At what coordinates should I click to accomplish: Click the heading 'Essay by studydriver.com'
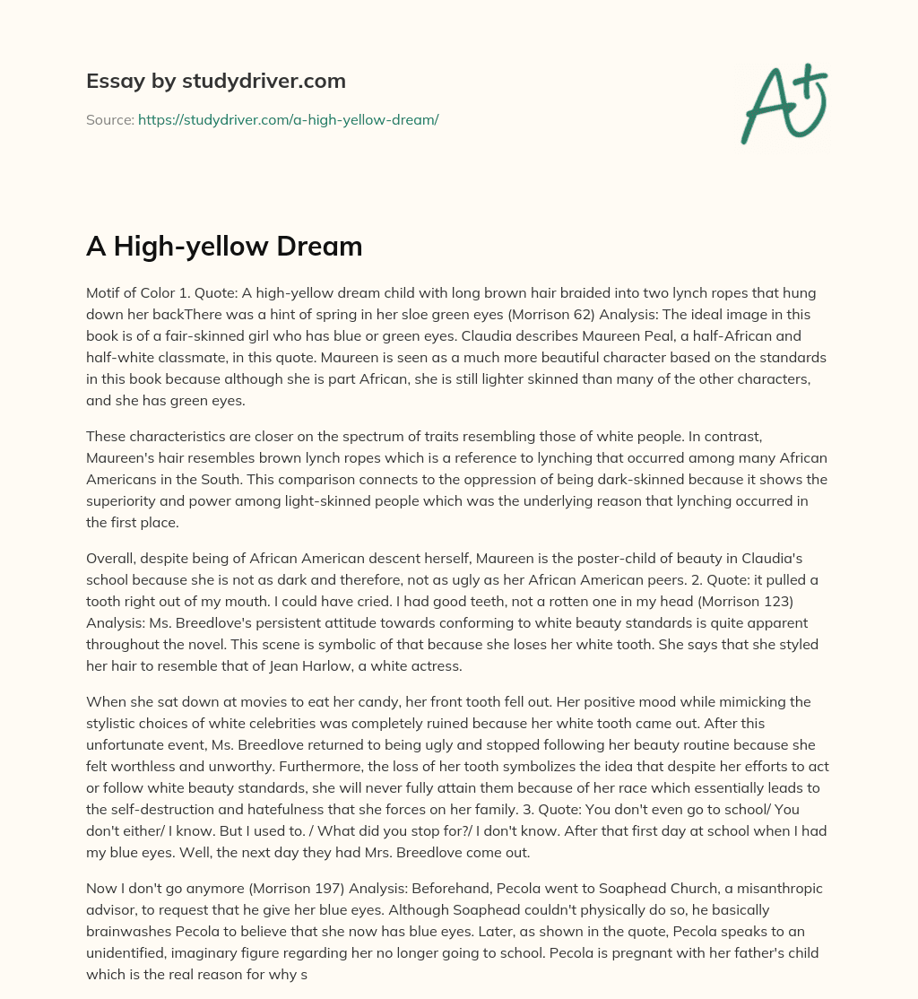[x=215, y=81]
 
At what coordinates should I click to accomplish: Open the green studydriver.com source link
[x=288, y=119]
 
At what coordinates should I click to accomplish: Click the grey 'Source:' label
[x=109, y=119]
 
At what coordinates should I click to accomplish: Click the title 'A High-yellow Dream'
[x=224, y=246]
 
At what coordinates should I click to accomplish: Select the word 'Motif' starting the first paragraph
[x=104, y=293]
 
